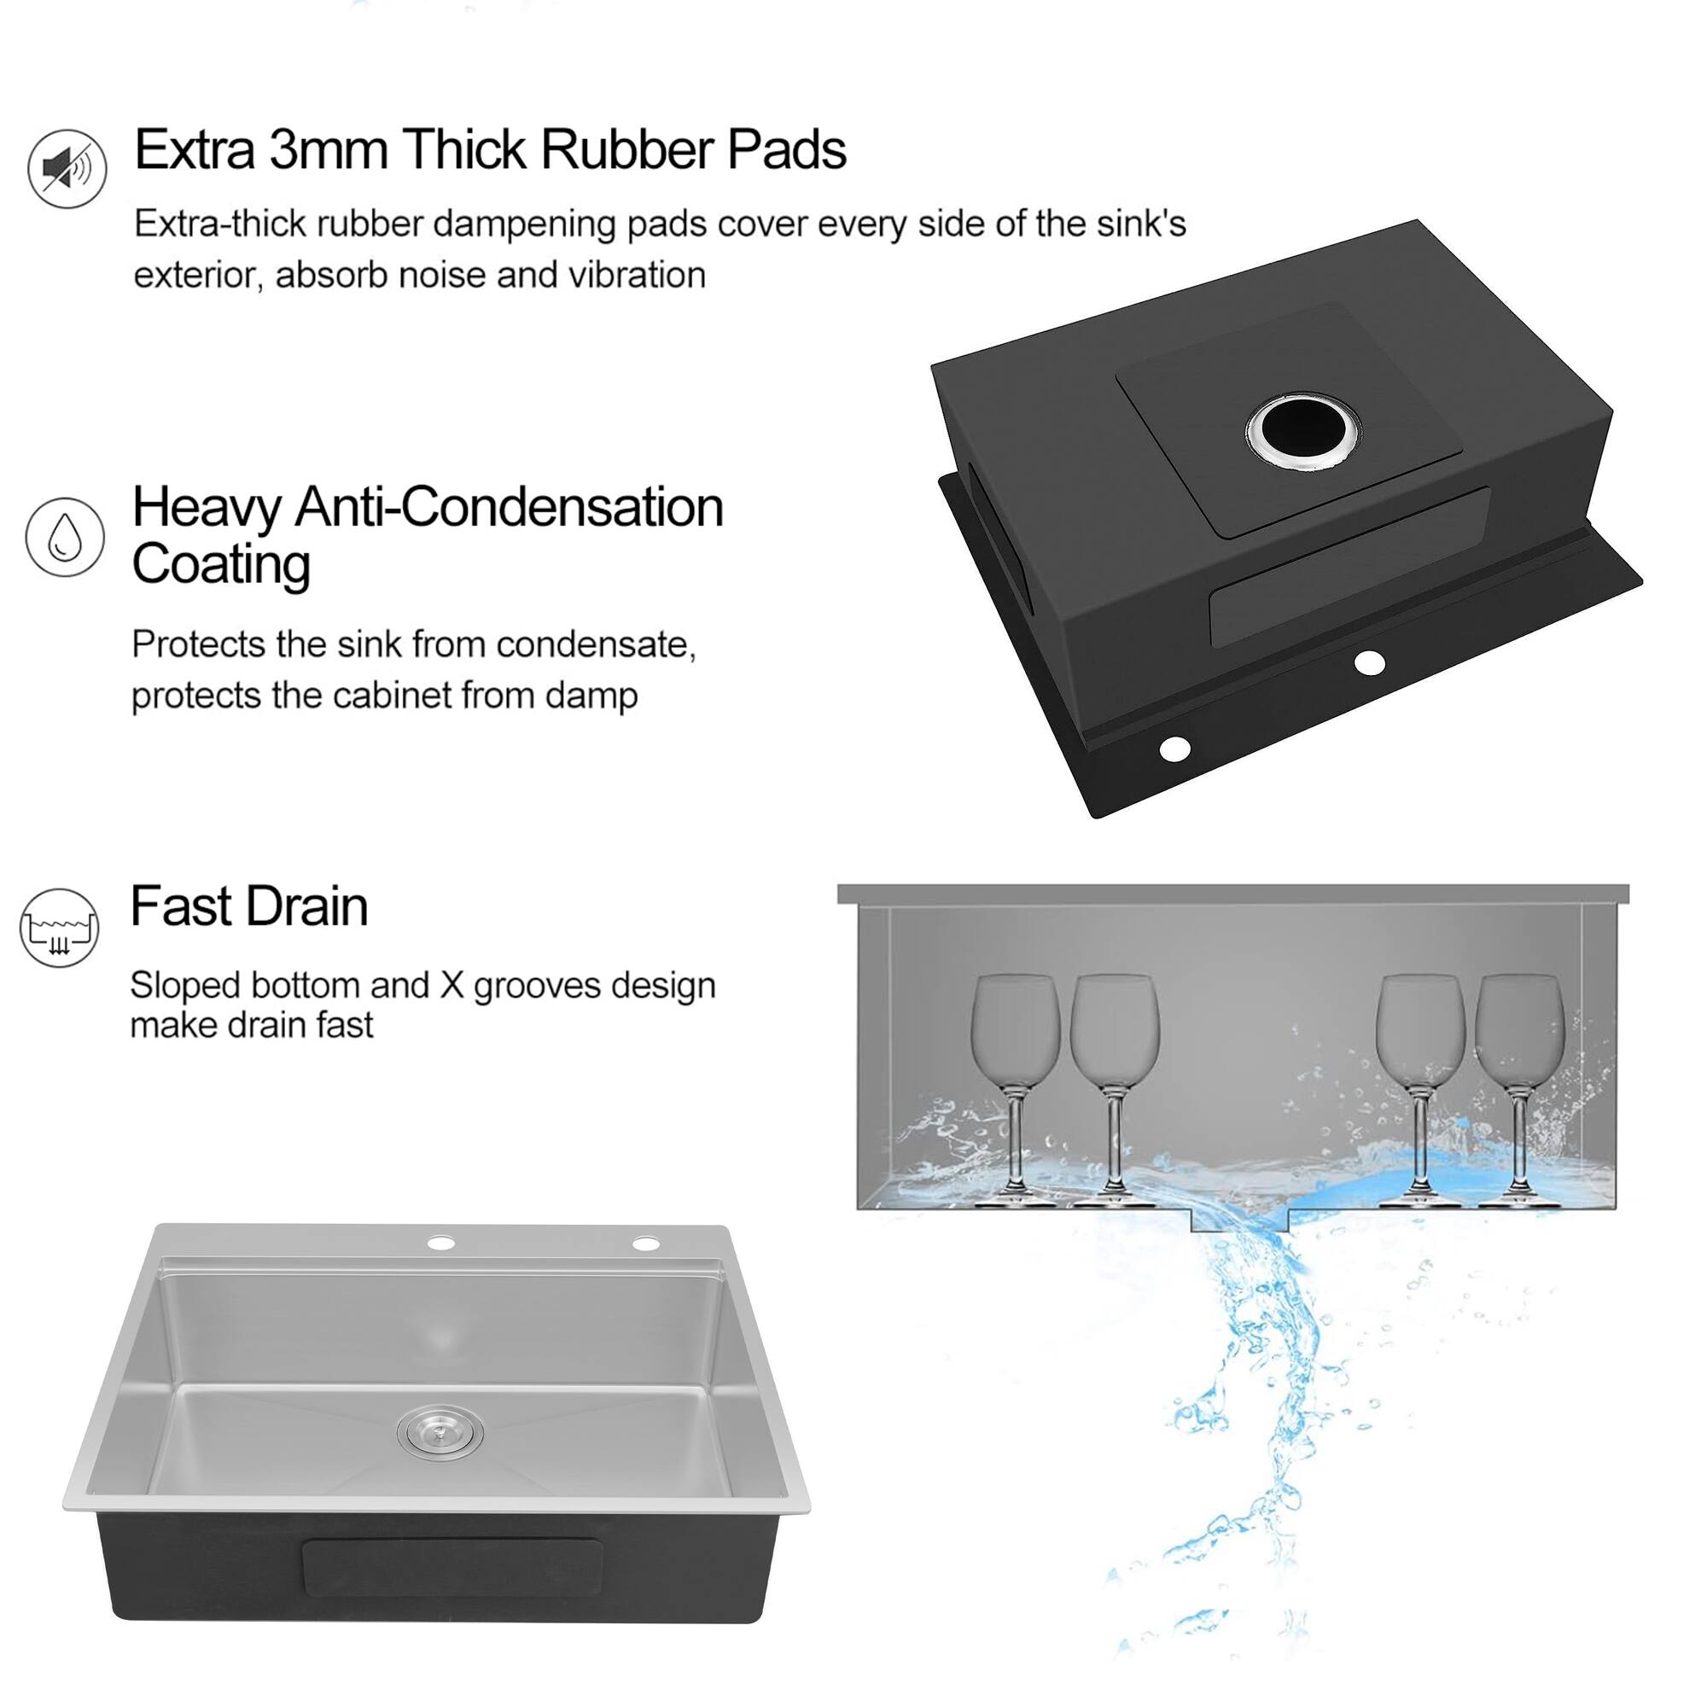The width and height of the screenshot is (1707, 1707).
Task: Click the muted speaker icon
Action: point(67,168)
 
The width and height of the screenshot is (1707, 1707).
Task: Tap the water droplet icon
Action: point(65,536)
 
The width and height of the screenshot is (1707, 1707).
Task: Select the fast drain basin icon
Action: point(59,927)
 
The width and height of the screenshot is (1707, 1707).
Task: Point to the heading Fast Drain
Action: point(249,906)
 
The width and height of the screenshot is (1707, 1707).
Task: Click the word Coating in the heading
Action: point(221,563)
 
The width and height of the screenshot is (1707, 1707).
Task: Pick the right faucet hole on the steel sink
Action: point(647,1244)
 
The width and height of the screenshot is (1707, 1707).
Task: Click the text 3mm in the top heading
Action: point(328,149)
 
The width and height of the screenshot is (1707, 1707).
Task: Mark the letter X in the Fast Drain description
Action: point(452,985)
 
